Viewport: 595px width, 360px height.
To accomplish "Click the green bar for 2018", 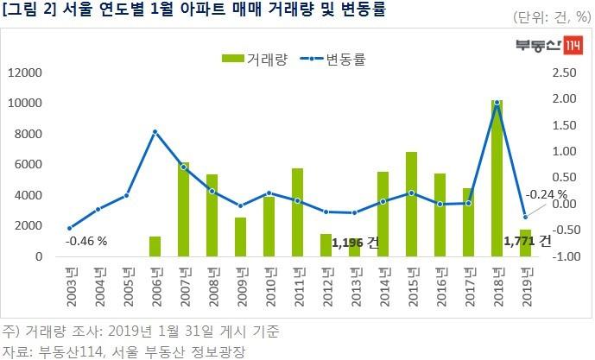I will click(497, 179).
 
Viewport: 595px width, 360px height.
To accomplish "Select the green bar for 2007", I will click(183, 210).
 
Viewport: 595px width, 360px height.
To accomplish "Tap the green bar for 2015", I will click(411, 205).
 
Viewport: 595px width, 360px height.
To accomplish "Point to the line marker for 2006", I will click(155, 132).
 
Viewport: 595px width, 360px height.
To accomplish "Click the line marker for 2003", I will click(69, 228).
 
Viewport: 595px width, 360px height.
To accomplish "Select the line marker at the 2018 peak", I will click(497, 103).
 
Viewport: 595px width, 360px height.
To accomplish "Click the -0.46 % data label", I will click(86, 241).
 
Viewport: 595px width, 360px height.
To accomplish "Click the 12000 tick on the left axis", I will click(25, 73).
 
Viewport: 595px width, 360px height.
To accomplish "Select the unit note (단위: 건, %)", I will click(548, 16).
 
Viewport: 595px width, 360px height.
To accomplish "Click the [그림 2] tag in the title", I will click(29, 10).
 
